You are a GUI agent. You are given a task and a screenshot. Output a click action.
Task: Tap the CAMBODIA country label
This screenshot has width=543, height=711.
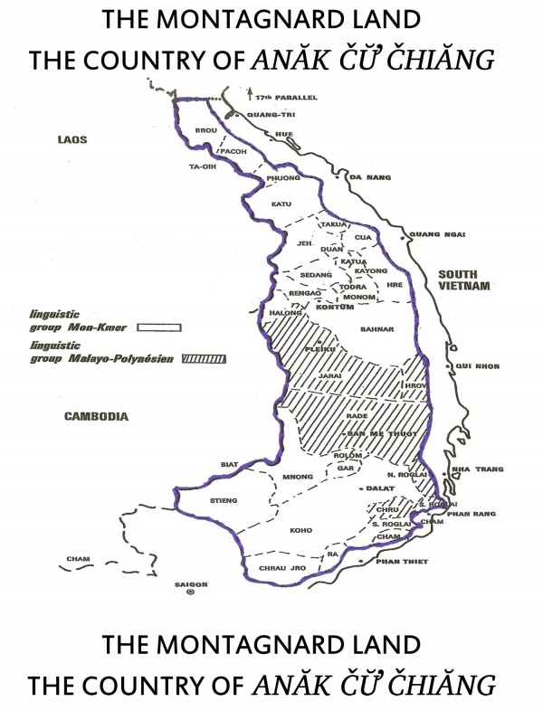[95, 417]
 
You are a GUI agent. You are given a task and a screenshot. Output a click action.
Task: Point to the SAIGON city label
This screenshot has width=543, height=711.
[191, 585]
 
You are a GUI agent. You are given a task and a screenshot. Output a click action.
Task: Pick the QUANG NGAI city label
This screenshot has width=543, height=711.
[438, 234]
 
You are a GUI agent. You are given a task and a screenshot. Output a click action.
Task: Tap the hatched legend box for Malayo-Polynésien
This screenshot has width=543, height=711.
[204, 359]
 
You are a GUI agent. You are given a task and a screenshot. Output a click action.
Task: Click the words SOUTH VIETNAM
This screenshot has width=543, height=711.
[463, 279]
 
